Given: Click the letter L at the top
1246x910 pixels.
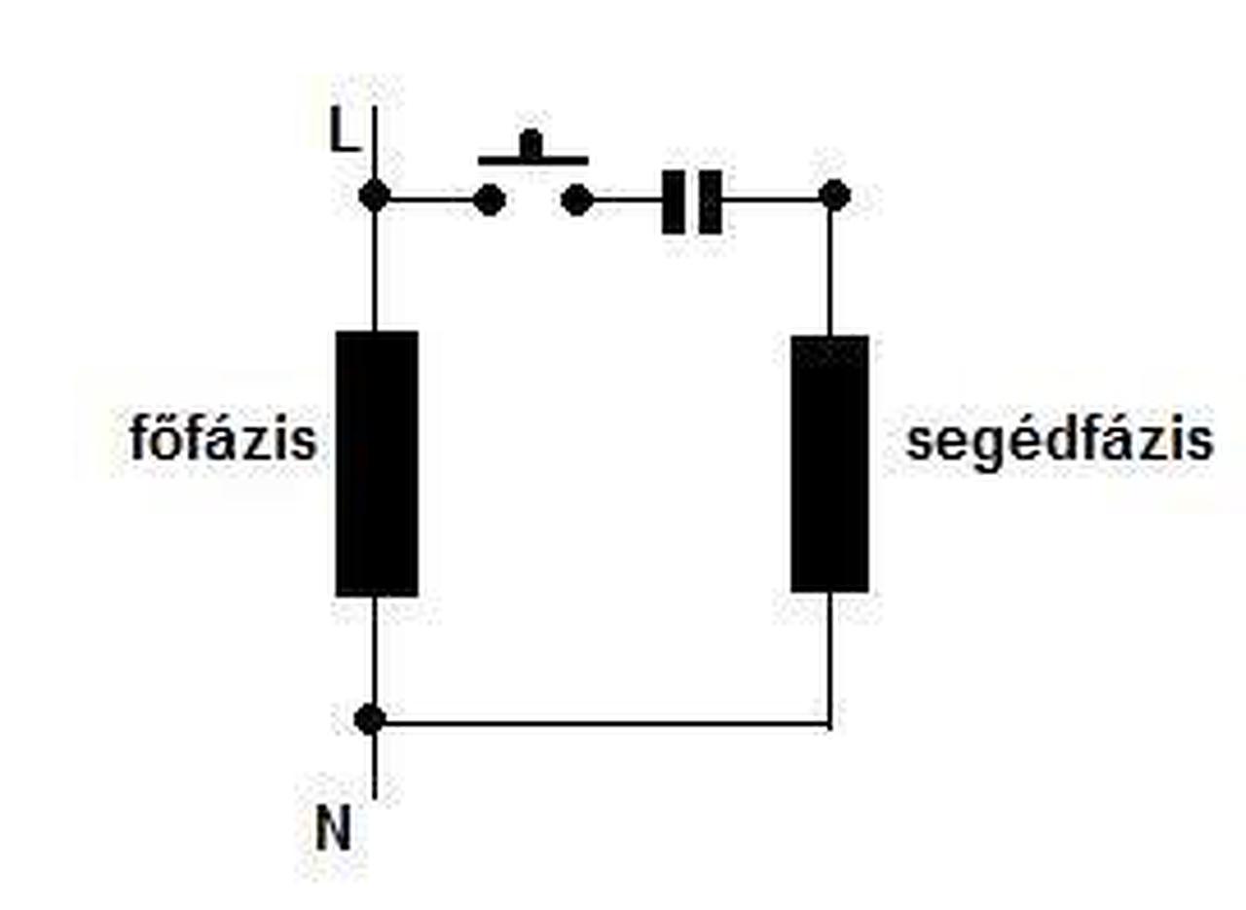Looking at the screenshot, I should click(x=343, y=131).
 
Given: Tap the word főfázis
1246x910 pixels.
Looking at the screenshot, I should click(x=224, y=440).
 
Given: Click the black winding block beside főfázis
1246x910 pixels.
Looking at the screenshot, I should click(x=377, y=463).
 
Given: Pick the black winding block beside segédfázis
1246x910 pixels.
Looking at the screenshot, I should click(x=829, y=463).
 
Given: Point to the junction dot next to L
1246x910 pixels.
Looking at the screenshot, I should click(x=374, y=197).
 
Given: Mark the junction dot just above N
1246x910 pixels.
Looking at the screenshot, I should click(x=370, y=720).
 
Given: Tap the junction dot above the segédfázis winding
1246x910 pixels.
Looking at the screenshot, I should click(x=834, y=197).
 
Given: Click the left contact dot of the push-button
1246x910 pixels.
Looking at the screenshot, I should click(x=489, y=200).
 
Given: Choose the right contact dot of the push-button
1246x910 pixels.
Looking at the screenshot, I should click(x=577, y=200).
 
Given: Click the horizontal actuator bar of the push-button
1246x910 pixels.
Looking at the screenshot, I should click(x=532, y=159).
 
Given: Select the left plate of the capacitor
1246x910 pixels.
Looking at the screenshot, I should click(x=673, y=201).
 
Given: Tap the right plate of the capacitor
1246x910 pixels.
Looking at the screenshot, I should click(x=712, y=201).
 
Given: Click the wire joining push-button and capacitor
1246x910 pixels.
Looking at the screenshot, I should click(x=627, y=200).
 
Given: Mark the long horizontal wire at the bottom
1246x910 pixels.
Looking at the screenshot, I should click(x=604, y=724).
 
